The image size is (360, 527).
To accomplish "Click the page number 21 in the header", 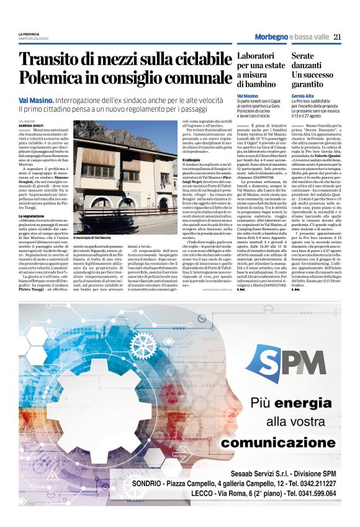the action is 338,37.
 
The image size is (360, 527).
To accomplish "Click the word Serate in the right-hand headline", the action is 305,56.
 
